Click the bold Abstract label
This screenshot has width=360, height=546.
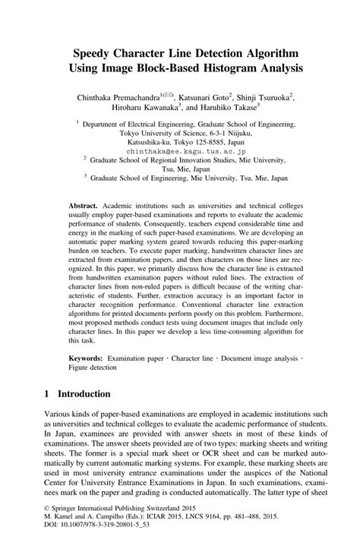pyautogui.click(x=82, y=207)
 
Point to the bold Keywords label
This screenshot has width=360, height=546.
pyautogui.click(x=85, y=356)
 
